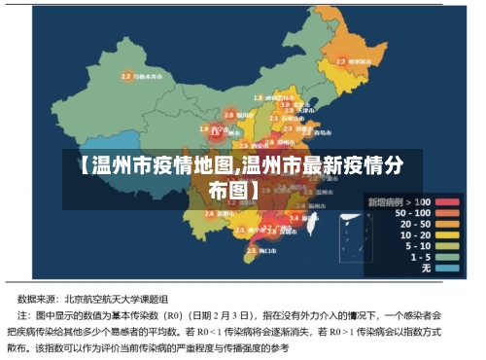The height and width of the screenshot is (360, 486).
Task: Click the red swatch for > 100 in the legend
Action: [446, 201]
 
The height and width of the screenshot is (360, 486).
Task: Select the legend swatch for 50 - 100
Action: [446, 212]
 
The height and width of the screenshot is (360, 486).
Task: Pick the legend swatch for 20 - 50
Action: [446, 224]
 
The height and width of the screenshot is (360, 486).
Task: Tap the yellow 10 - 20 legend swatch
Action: [446, 234]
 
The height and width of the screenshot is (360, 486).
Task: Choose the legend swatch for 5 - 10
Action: [446, 245]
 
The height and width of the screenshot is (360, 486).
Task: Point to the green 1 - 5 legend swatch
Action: [446, 256]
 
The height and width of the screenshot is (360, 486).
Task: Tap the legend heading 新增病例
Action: [385, 200]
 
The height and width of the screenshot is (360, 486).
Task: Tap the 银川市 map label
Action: [245, 115]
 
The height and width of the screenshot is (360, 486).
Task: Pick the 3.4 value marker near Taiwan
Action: [295, 218]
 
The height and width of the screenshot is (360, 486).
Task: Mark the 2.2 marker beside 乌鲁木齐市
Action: [126, 75]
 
